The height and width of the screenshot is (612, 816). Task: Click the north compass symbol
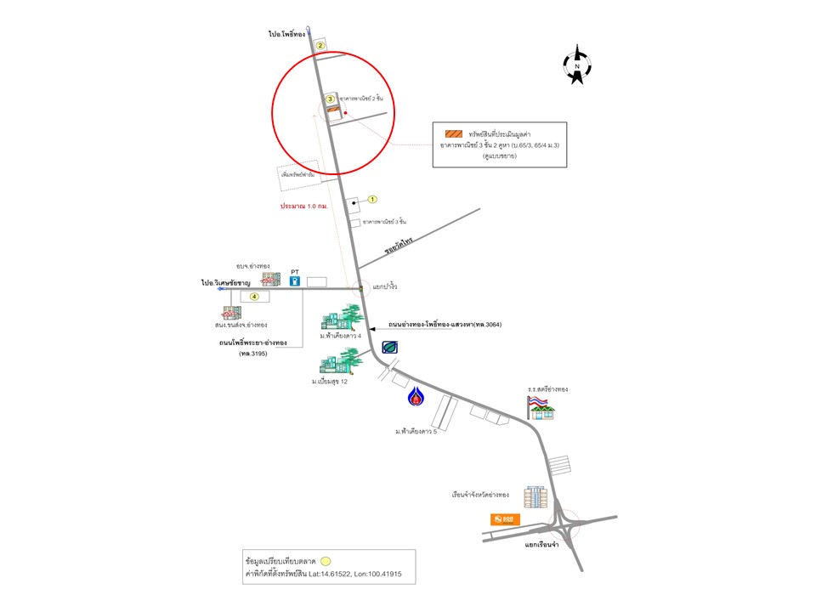577,65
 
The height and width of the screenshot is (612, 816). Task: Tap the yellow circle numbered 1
371,199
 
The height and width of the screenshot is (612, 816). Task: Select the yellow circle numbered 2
320,45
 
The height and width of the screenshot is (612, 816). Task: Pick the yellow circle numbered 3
331,99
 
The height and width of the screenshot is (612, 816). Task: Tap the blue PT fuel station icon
295,280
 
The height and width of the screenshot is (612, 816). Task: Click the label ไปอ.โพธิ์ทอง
286,35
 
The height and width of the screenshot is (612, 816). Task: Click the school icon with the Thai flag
541,407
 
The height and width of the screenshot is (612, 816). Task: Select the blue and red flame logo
416,398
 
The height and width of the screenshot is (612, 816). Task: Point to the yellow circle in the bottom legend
325,562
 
